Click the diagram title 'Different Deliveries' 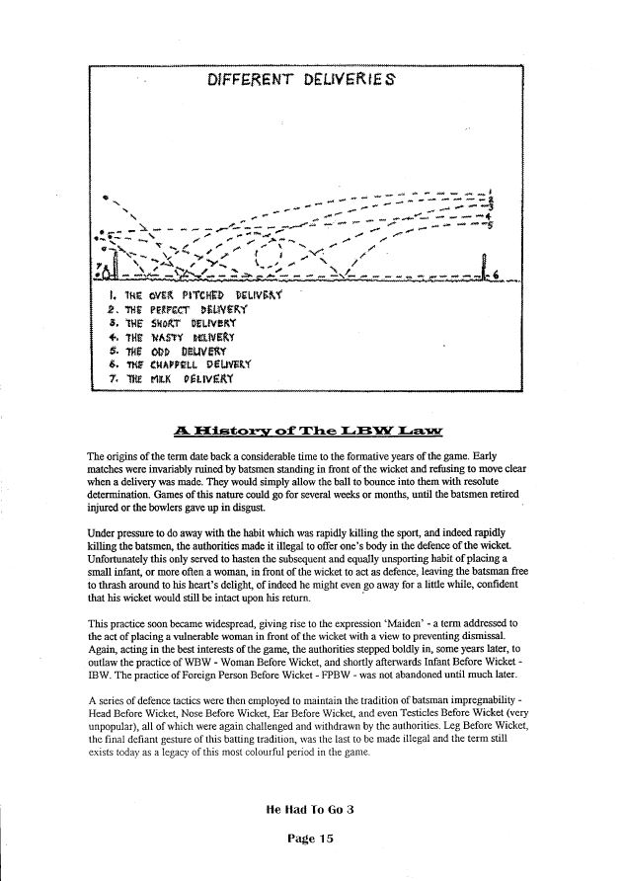click(303, 80)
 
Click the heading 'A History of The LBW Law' click(309, 429)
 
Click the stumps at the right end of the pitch click(485, 266)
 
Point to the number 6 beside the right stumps click(496, 274)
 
